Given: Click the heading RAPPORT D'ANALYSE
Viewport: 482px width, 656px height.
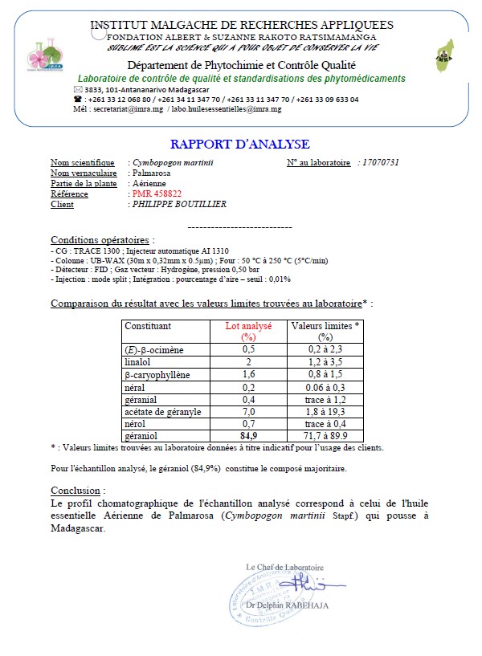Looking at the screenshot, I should point(239,145).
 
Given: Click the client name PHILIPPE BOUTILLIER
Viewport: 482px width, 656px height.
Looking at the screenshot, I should point(178,204).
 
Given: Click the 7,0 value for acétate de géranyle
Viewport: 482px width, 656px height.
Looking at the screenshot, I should point(248,411).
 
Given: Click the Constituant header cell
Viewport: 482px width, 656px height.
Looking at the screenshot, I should point(148,327).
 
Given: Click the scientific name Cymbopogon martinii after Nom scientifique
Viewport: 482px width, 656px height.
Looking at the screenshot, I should point(178,162).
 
